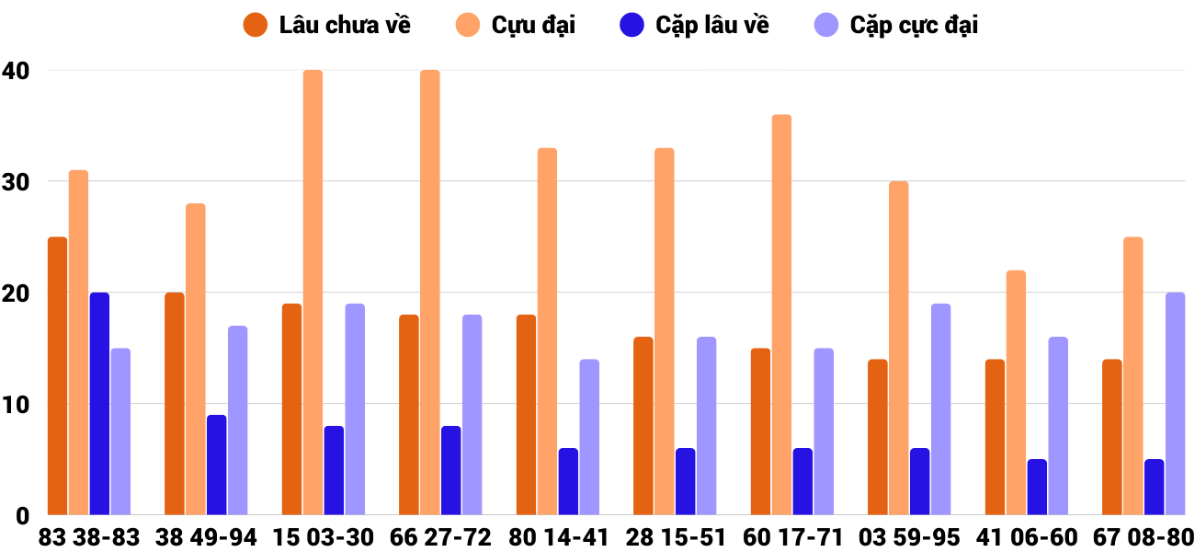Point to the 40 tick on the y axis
(x=16, y=71)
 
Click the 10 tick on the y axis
(x=16, y=405)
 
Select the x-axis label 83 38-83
(x=89, y=537)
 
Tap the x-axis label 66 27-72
(x=440, y=537)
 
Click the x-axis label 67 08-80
(x=1144, y=537)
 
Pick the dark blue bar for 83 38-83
(x=99, y=404)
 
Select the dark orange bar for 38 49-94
(x=175, y=404)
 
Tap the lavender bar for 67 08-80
(x=1175, y=404)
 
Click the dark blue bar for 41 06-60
(x=1037, y=487)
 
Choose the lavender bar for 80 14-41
(x=589, y=437)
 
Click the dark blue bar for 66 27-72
(x=450, y=470)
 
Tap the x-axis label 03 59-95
(x=909, y=537)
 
